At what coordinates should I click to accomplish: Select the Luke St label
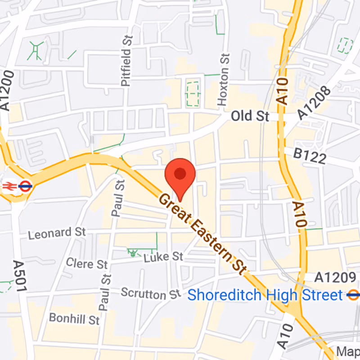pyautogui.click(x=163, y=257)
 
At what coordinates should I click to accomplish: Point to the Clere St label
pyautogui.click(x=87, y=263)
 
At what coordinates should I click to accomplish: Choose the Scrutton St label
pyautogui.click(x=151, y=294)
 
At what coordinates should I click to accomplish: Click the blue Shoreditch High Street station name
pyautogui.click(x=265, y=295)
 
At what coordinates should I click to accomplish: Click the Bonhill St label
pyautogui.click(x=74, y=319)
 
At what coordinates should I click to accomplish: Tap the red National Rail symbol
pyautogui.click(x=9, y=185)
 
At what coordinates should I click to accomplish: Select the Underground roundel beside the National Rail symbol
pyautogui.click(x=25, y=185)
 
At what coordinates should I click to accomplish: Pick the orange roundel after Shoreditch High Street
pyautogui.click(x=353, y=295)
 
